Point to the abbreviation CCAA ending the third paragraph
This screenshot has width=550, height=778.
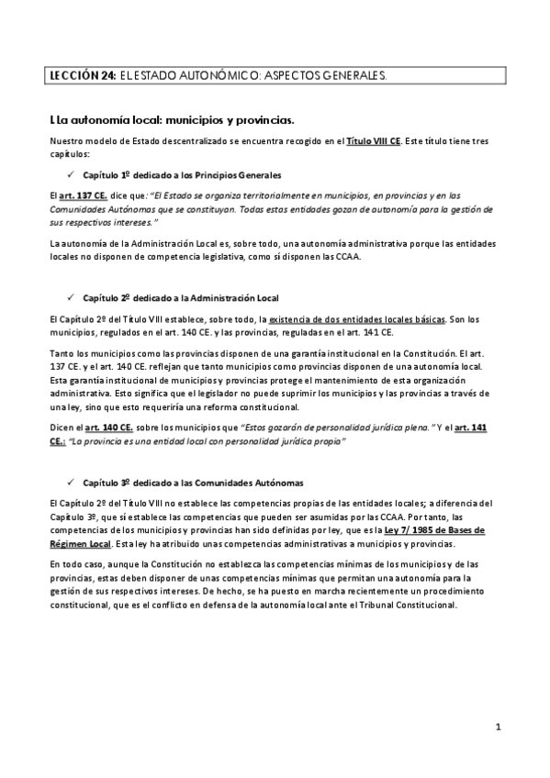click(347, 257)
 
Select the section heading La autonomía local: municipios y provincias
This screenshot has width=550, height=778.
click(172, 119)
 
